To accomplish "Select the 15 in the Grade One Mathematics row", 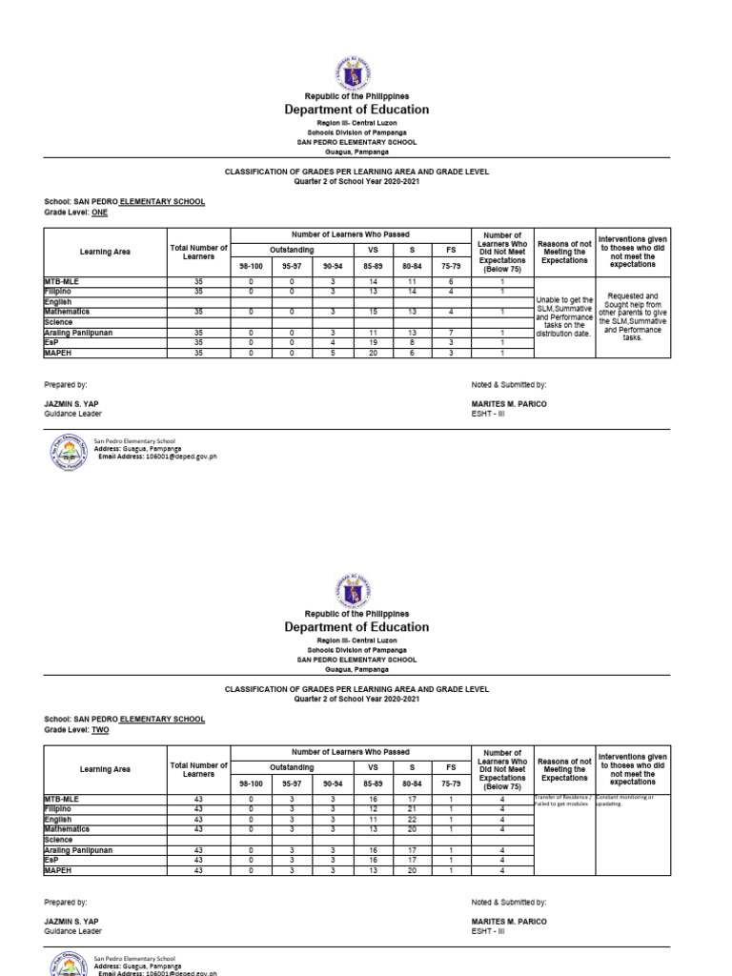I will pyautogui.click(x=374, y=312).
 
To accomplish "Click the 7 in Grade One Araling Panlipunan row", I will pyautogui.click(x=450, y=331).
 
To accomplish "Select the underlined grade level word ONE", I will pyautogui.click(x=100, y=213).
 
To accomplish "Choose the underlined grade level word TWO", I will pyautogui.click(x=100, y=731).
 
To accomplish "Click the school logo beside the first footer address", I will pyautogui.click(x=68, y=454).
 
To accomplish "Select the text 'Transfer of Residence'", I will pyautogui.click(x=563, y=796).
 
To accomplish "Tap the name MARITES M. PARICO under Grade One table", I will pyautogui.click(x=509, y=404).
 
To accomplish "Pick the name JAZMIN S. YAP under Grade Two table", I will pyautogui.click(x=71, y=922).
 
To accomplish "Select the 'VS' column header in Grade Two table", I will pyautogui.click(x=374, y=767).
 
